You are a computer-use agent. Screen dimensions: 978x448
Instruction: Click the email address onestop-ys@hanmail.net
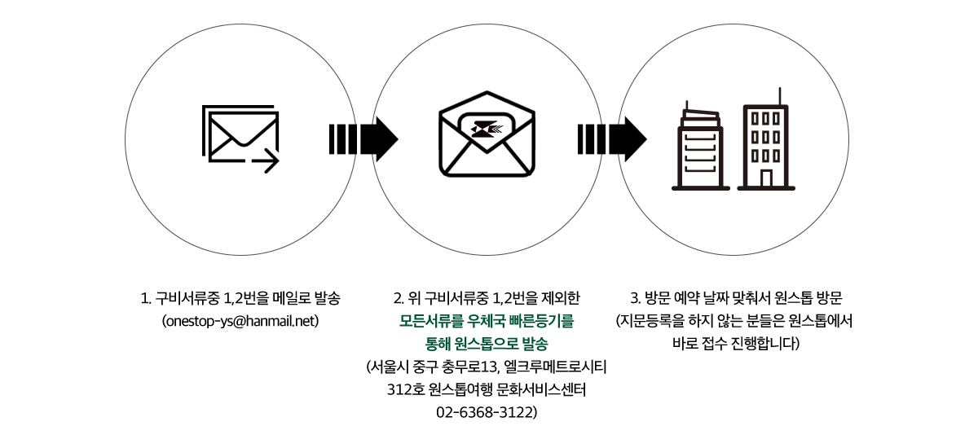240,322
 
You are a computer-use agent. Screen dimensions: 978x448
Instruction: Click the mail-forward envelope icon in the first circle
240,139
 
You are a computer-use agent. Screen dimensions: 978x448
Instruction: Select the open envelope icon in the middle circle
487,134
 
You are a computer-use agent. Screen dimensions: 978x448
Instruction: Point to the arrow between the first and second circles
363,139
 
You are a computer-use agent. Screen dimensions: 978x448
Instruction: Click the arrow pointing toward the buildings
612,139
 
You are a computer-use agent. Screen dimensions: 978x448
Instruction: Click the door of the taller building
766,178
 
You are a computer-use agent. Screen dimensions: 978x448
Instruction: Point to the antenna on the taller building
780,96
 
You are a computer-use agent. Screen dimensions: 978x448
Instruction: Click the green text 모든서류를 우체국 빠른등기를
487,322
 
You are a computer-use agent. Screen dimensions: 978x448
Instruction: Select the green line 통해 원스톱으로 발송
487,345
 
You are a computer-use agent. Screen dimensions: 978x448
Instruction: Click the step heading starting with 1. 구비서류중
240,298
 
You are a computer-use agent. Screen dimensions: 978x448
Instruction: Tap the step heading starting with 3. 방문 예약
736,298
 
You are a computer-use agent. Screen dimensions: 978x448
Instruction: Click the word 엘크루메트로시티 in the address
555,367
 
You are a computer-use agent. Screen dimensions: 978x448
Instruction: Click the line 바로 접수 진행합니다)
736,345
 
